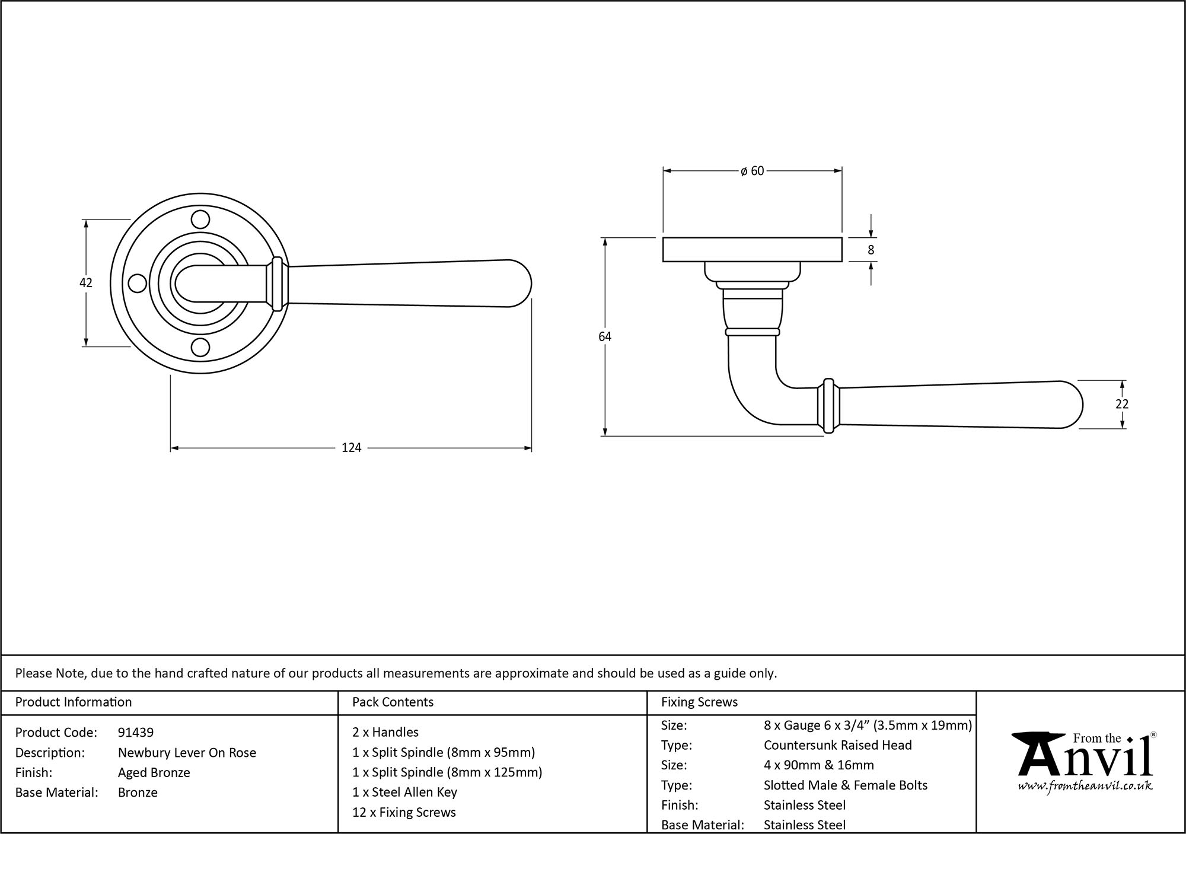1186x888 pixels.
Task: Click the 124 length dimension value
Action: [351, 448]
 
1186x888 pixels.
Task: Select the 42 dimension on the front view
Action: [86, 283]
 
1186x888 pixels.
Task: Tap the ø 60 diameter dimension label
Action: [753, 171]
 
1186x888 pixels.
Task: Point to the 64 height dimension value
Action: [604, 337]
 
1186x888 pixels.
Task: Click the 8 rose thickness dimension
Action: [871, 250]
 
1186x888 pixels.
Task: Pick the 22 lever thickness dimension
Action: [1121, 404]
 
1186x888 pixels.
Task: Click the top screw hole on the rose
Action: [201, 219]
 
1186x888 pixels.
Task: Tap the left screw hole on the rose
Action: [138, 284]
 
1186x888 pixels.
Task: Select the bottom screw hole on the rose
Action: [201, 348]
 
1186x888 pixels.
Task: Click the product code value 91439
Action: [136, 733]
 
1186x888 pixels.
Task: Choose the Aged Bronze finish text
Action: [154, 772]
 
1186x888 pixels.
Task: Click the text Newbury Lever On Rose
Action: [187, 753]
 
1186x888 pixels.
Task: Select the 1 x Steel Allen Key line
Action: [404, 792]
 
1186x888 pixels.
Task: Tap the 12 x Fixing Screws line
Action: [404, 813]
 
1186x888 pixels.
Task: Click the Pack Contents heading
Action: [393, 702]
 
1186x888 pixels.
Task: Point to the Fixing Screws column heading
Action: [699, 702]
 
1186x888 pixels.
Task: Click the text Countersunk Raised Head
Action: [837, 745]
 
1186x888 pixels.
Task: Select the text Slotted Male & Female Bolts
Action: [845, 785]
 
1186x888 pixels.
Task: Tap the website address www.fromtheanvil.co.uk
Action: [1085, 787]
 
